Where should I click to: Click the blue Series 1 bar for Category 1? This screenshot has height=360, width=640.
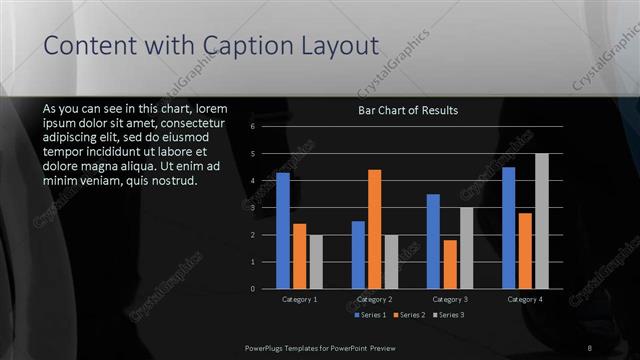click(x=283, y=231)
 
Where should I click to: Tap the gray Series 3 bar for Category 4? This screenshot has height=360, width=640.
click(x=541, y=221)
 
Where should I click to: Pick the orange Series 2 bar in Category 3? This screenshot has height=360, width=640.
click(x=450, y=264)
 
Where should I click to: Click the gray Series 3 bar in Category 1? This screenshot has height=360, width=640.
click(x=316, y=262)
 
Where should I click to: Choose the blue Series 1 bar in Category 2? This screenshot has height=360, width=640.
click(x=358, y=255)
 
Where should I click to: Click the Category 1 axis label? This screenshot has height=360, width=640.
click(x=299, y=299)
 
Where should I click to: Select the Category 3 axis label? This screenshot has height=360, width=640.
click(x=450, y=299)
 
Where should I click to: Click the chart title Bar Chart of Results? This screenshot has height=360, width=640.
click(x=408, y=111)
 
